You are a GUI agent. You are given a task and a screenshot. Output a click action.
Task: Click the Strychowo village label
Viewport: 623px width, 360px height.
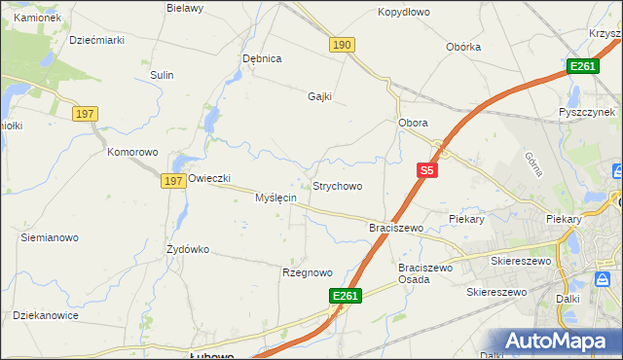click(337, 186)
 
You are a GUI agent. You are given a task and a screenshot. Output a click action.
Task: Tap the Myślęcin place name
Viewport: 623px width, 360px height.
click(275, 198)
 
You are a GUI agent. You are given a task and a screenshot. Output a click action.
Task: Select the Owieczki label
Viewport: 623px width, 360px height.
click(208, 179)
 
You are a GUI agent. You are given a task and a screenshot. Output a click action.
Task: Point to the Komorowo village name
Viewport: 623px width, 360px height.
click(132, 153)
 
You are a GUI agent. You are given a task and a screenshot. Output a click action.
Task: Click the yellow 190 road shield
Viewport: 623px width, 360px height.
click(341, 46)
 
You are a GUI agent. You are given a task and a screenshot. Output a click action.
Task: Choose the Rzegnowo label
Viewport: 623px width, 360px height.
click(308, 273)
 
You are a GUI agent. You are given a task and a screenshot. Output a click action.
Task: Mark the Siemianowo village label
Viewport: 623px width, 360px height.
click(50, 237)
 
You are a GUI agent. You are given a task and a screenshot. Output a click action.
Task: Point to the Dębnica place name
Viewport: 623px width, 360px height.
click(262, 58)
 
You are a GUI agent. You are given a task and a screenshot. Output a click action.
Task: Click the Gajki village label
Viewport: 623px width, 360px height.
click(319, 96)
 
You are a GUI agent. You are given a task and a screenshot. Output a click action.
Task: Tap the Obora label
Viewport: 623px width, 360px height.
click(414, 124)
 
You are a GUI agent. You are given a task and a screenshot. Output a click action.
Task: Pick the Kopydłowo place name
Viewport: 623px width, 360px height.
click(403, 13)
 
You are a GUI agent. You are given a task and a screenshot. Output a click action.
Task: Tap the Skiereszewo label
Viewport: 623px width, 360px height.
click(521, 261)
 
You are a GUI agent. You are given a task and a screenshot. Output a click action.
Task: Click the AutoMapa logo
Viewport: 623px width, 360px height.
click(559, 342)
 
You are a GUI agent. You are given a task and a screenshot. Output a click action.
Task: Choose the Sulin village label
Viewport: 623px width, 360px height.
click(162, 75)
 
